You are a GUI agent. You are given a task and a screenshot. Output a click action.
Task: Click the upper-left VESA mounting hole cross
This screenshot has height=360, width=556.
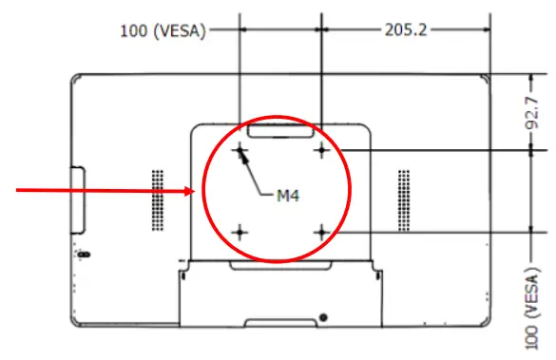(240, 150)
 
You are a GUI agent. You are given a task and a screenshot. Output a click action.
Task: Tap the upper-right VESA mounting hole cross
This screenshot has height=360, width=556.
(323, 150)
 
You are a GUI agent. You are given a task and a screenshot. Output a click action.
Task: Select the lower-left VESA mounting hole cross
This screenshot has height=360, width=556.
(240, 232)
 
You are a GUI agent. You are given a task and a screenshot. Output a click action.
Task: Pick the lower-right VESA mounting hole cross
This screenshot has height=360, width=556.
(323, 232)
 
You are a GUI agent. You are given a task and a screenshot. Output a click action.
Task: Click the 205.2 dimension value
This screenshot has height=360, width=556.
(407, 29)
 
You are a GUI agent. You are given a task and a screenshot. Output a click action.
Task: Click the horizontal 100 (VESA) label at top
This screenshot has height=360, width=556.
(164, 29)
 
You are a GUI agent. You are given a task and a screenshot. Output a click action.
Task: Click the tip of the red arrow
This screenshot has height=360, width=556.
(196, 191)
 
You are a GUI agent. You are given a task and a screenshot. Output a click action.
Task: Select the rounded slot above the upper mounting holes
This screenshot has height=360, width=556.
(281, 127)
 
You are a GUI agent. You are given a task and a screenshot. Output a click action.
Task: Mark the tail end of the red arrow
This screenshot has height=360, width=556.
(17, 191)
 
